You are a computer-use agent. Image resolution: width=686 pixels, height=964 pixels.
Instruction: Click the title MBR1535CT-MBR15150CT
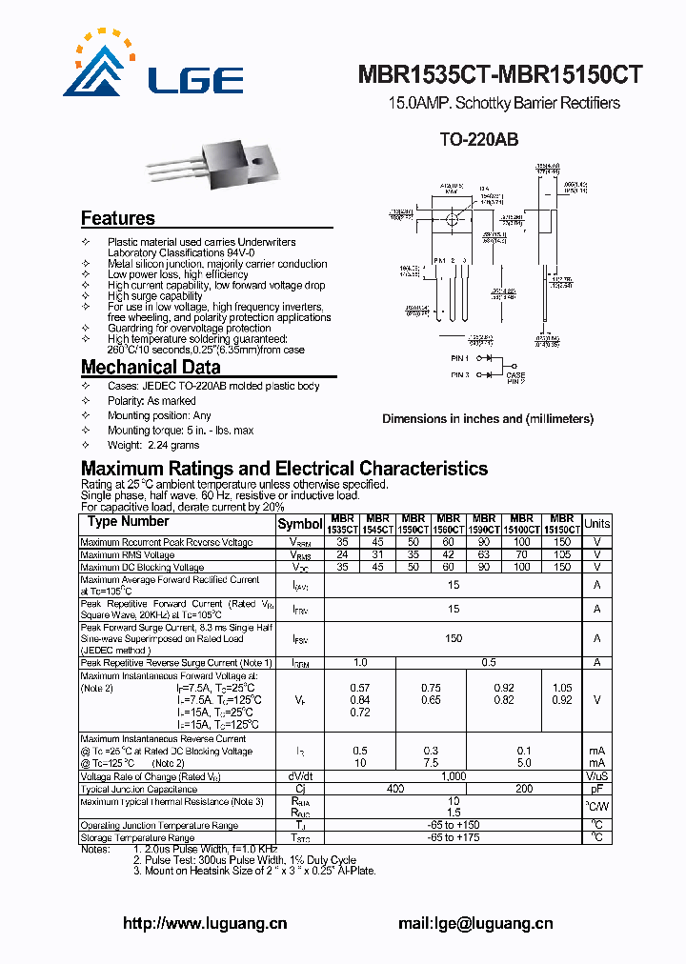pyautogui.click(x=500, y=75)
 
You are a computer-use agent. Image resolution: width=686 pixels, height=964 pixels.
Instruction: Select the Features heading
pyautogui.click(x=117, y=218)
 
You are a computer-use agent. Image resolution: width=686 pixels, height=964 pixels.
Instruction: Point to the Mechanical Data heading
pyautogui.click(x=151, y=368)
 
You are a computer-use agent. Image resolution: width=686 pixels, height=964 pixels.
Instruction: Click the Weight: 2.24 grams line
pyautogui.click(x=153, y=445)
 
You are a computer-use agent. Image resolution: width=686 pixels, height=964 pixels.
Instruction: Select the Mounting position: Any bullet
pyautogui.click(x=159, y=415)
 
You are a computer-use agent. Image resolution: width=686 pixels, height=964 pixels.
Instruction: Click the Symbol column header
pyautogui.click(x=300, y=524)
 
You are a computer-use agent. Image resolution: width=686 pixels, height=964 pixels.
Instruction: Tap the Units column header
pyautogui.click(x=596, y=524)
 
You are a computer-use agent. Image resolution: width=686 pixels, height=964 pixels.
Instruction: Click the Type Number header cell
pyautogui.click(x=128, y=522)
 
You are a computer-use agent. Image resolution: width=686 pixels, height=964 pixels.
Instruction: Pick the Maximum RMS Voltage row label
pyautogui.click(x=128, y=554)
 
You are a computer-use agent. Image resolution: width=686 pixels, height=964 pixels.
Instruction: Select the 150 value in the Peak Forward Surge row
pyautogui.click(x=454, y=639)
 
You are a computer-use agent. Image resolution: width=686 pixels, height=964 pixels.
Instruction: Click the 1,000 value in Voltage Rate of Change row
pyautogui.click(x=454, y=776)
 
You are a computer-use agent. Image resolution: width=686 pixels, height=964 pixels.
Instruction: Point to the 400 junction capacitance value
pyautogui.click(x=395, y=790)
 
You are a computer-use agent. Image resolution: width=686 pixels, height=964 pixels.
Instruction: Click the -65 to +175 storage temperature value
pyautogui.click(x=454, y=837)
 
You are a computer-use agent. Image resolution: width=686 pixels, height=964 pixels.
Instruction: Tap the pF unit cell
pyautogui.click(x=596, y=790)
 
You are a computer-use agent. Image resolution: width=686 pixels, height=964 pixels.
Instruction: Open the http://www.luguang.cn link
pyautogui.click(x=206, y=923)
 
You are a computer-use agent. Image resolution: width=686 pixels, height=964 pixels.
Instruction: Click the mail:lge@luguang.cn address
pyautogui.click(x=475, y=923)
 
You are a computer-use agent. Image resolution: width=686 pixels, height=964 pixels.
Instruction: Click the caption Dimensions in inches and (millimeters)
pyautogui.click(x=488, y=419)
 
